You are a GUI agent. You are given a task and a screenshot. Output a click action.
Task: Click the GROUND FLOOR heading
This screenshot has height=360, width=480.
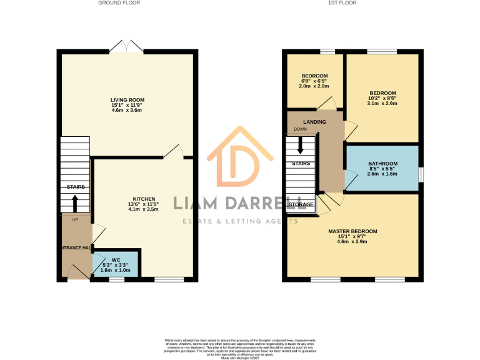point(119,3)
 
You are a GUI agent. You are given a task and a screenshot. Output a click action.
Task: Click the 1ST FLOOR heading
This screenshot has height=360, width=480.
point(343,3)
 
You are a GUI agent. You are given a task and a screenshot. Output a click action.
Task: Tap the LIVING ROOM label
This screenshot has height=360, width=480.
point(127,100)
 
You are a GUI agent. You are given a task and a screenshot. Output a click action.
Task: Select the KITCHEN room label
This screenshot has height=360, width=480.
point(144,199)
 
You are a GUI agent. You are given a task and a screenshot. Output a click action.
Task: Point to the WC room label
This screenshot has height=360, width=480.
point(116,259)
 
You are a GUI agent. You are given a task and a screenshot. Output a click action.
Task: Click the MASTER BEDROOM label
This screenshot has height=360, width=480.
point(353,231)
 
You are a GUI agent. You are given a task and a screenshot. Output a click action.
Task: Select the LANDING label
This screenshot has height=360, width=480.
point(314,121)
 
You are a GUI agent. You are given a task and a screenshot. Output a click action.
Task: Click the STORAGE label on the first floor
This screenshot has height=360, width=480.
point(301,204)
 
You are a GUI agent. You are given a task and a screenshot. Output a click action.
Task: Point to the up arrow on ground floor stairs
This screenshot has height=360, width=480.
point(76,203)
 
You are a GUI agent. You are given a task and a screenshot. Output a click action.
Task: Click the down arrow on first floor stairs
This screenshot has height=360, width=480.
point(301,145)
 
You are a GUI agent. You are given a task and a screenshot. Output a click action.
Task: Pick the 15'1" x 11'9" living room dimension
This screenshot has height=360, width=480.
point(127,105)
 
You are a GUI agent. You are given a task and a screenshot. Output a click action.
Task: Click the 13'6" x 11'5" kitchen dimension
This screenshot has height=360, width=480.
point(144,204)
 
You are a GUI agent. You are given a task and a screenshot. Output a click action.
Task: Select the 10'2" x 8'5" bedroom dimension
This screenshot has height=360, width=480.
point(382,98)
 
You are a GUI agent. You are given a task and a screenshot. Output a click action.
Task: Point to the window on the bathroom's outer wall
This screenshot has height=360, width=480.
point(420,173)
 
